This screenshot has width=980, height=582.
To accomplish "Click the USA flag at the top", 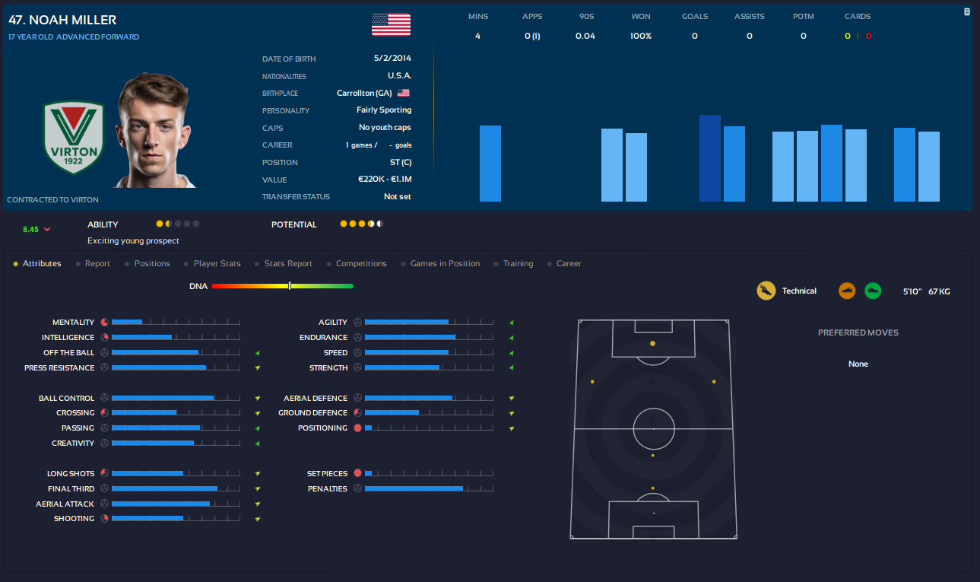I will click(x=391, y=24).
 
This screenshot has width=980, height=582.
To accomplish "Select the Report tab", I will click(x=97, y=263).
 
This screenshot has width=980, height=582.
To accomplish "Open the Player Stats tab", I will click(x=217, y=263).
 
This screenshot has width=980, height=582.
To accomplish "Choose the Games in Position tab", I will click(x=445, y=263).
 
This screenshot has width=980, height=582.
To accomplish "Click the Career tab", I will click(x=569, y=263).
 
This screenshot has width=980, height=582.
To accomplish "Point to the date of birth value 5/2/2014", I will click(x=392, y=59).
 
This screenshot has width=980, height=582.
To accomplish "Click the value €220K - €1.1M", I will click(x=385, y=180).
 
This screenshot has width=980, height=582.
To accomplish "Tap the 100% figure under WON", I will click(x=640, y=36).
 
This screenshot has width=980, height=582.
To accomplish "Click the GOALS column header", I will click(x=694, y=16).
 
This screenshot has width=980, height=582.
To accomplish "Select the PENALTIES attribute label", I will click(x=328, y=488).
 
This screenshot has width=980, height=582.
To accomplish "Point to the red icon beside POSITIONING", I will click(x=357, y=428).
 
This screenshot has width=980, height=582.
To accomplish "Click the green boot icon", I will click(x=873, y=291).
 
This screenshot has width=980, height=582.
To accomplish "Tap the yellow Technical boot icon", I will click(x=766, y=291).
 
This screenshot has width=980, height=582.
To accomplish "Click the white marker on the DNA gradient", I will click(x=290, y=286).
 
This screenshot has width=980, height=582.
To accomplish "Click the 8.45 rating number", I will click(x=30, y=229).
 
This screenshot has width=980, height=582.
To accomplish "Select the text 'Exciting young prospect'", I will click(x=133, y=240).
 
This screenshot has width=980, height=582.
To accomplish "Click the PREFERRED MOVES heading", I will click(x=858, y=332).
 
